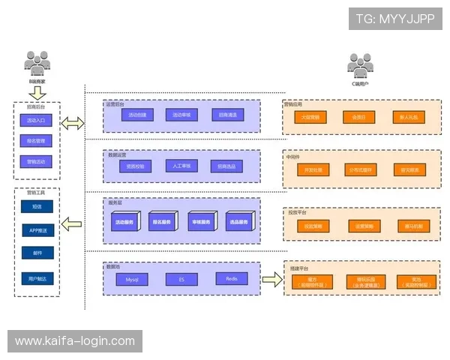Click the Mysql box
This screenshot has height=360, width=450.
[132, 279]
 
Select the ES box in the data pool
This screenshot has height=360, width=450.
[182, 279]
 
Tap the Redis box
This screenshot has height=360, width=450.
[231, 279]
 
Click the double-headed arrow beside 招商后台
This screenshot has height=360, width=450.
[73, 124]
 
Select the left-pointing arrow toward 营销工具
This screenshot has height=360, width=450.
[73, 223]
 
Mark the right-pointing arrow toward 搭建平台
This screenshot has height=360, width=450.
[271, 280]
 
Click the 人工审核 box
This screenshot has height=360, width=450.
[181, 166]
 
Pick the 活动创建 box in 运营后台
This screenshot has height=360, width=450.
[136, 115]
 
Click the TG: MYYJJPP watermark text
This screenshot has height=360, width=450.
[394, 19]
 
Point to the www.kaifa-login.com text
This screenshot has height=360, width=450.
[75, 341]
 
